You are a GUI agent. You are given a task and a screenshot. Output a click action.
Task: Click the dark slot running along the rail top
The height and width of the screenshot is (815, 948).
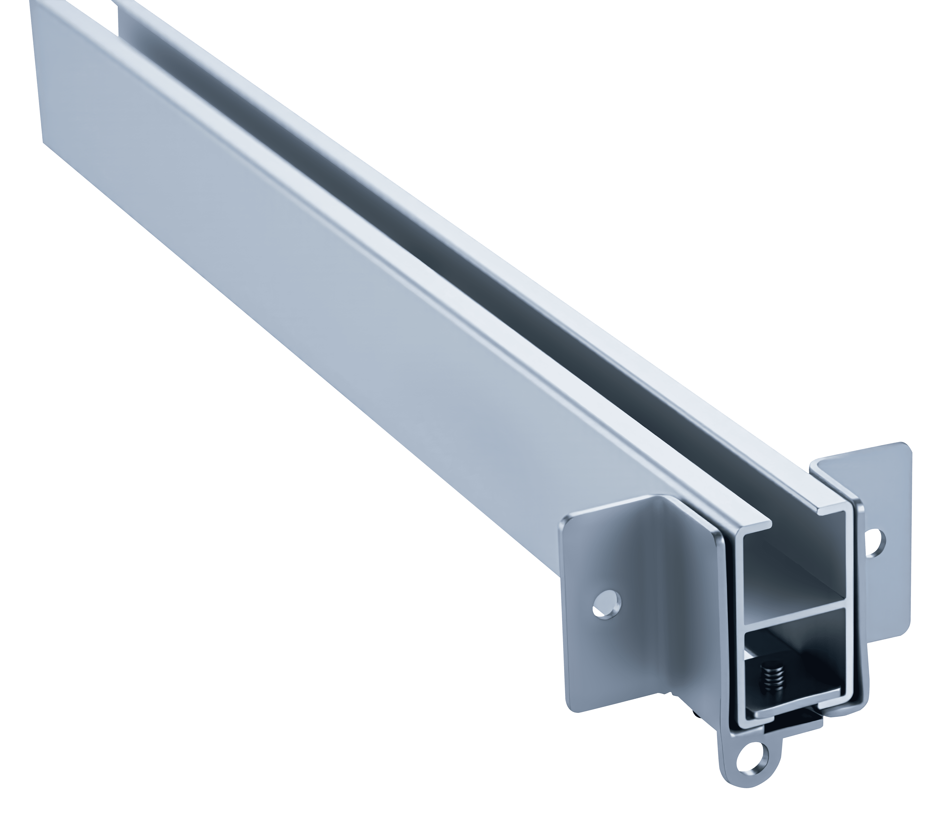[x=412, y=256]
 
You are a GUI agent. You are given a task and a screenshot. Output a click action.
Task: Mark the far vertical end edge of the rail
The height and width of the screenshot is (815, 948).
[x=37, y=69]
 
